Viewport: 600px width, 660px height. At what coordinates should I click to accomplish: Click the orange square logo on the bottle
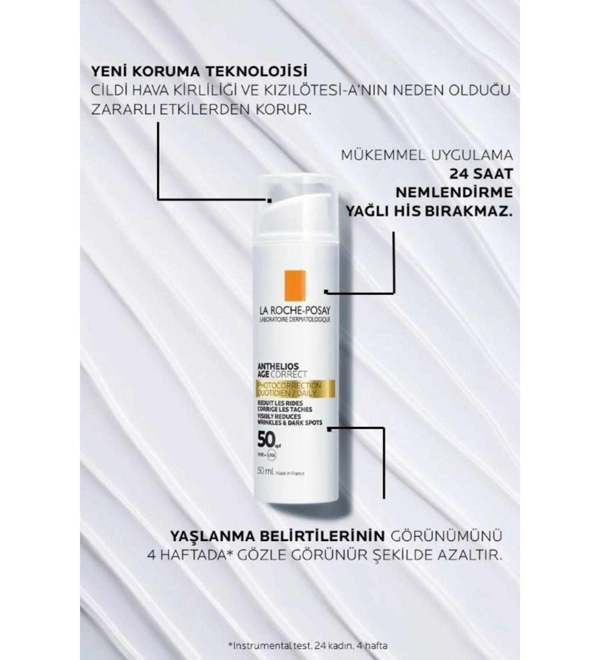tap(295, 286)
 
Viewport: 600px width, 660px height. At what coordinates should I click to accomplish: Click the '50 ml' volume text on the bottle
tap(266, 472)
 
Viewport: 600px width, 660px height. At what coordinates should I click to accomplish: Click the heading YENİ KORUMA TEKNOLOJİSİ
tap(200, 72)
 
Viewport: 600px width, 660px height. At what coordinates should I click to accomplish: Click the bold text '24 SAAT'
tap(481, 174)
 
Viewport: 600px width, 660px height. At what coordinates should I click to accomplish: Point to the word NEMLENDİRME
tap(454, 193)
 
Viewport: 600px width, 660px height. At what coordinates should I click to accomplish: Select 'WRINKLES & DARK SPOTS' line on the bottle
tap(289, 423)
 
